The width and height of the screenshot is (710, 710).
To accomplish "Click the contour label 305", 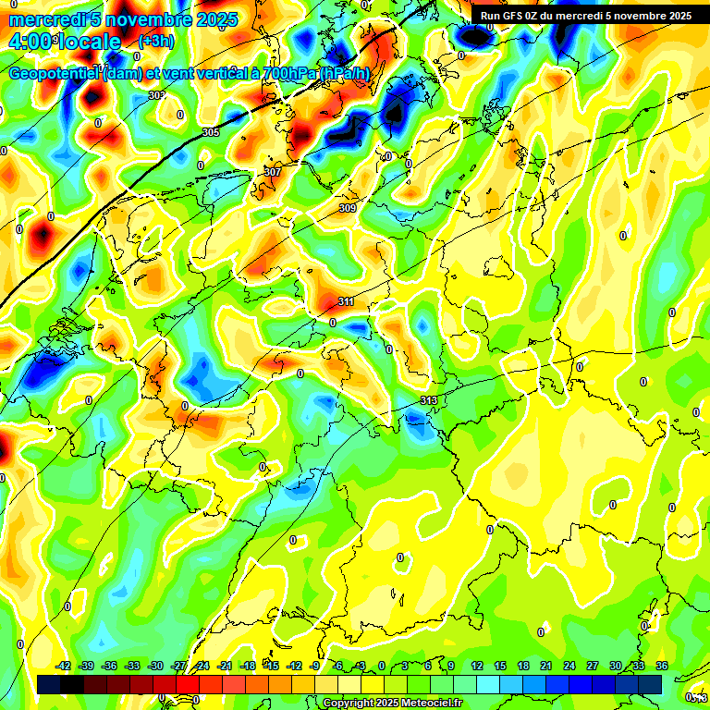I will (211, 133).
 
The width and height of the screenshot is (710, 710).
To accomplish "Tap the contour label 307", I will (272, 173).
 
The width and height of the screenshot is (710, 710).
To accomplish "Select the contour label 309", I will (347, 208).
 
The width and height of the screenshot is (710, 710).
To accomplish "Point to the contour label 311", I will (346, 302).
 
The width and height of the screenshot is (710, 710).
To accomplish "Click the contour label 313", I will (428, 399).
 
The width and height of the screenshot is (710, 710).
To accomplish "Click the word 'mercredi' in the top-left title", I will (47, 19).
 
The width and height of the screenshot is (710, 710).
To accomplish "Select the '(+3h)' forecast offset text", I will (154, 42).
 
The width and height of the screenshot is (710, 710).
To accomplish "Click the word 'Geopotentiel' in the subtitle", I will (55, 74).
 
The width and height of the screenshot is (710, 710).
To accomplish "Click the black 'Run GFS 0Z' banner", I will (585, 16).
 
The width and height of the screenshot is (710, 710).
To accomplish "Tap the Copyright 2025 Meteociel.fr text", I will (392, 704).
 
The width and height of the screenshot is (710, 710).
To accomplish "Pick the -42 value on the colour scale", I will (63, 666).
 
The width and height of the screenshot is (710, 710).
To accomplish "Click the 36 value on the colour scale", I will (662, 666).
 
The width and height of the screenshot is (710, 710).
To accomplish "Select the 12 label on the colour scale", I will (477, 666).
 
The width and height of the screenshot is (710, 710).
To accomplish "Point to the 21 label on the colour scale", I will (546, 666).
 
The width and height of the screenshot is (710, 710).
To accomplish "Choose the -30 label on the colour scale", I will (155, 666).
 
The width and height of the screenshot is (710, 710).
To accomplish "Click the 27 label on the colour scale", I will (593, 666).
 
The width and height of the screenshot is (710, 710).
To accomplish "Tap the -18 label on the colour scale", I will (248, 666).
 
